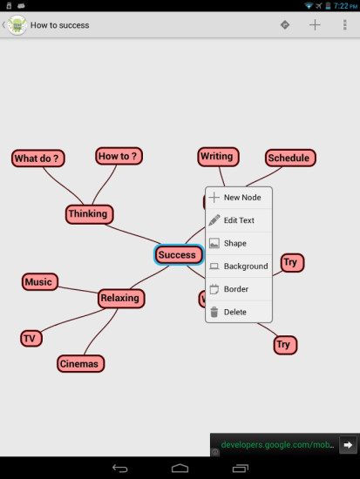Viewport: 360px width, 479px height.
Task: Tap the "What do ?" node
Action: (x=38, y=159)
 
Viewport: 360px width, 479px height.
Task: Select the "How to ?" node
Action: (x=119, y=156)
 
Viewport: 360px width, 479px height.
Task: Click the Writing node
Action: (x=218, y=157)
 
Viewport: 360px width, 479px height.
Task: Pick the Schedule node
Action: (x=290, y=158)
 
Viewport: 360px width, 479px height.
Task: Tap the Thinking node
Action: (x=89, y=214)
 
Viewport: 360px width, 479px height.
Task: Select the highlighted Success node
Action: (x=179, y=254)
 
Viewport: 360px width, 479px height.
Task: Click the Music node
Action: (x=40, y=281)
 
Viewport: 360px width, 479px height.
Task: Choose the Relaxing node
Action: (x=121, y=298)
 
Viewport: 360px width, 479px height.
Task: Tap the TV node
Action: (x=31, y=339)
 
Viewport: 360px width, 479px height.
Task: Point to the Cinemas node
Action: (x=80, y=363)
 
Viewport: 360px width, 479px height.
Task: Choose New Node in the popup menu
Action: (x=239, y=198)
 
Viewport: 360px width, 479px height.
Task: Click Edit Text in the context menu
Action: (x=239, y=220)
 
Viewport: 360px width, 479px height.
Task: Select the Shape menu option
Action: (x=239, y=243)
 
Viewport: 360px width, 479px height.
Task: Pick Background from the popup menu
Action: (x=239, y=266)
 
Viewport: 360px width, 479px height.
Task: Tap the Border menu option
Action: (x=239, y=289)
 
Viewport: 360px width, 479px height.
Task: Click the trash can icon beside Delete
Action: (x=214, y=312)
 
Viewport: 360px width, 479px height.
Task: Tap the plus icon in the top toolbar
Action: (x=315, y=25)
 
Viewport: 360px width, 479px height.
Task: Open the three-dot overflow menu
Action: (x=344, y=25)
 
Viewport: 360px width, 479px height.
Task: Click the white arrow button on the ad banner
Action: (x=348, y=445)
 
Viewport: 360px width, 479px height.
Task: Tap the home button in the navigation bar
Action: (x=180, y=469)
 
